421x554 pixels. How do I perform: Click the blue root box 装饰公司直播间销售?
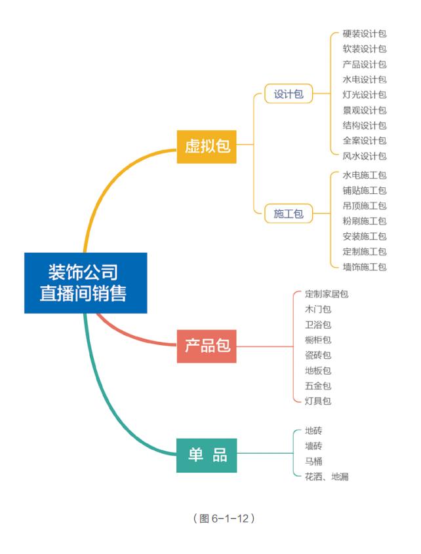[85, 283]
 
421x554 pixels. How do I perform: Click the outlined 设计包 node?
[289, 94]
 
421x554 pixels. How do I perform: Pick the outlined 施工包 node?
[289, 213]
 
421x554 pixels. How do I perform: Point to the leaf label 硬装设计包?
[364, 33]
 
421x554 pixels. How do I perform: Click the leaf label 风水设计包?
[364, 156]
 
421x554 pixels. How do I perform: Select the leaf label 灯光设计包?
[364, 95]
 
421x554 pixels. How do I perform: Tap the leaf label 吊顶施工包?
[364, 206]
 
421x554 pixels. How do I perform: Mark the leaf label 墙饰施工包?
[364, 267]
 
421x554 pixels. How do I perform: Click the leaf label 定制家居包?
[327, 294]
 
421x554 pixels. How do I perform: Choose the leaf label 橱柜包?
[318, 340]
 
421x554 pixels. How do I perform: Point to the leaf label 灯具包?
[318, 401]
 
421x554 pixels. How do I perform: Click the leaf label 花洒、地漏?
[327, 477]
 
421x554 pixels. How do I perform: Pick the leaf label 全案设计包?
[364, 141]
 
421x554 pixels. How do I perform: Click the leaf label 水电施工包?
[364, 175]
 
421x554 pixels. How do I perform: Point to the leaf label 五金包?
[318, 386]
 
